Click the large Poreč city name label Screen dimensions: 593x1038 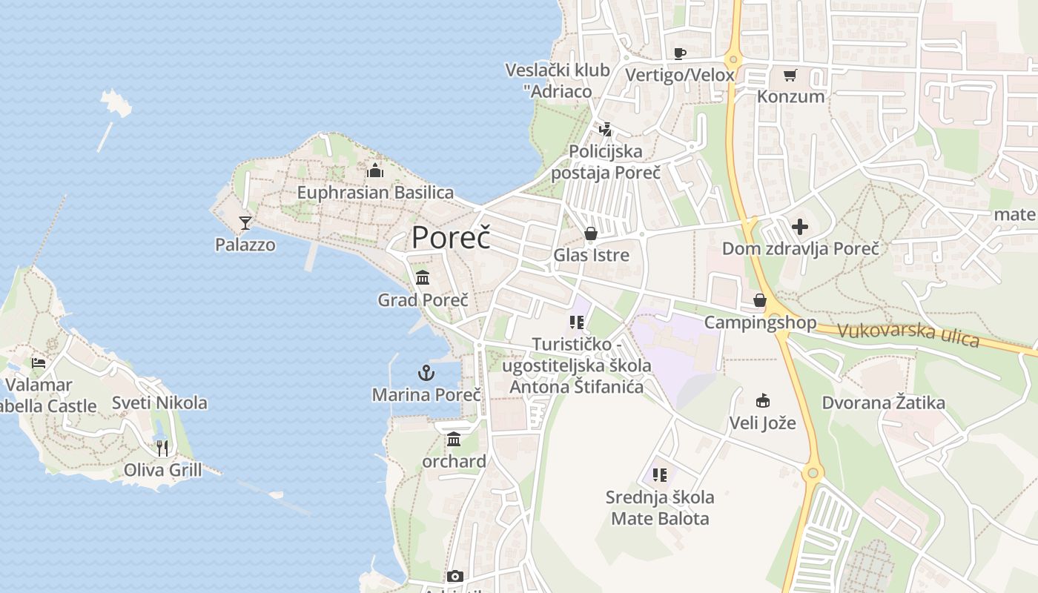coord(451,237)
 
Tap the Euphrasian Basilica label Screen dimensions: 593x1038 coord(375,193)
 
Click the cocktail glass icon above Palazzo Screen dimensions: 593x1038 coord(245,222)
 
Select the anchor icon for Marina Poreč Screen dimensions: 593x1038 coord(426,372)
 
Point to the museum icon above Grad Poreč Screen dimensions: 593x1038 coord(423,278)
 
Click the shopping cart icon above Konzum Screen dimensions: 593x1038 coord(790,75)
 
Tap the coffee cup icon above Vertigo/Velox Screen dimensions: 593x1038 coord(679,53)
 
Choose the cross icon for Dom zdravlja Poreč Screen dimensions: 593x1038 coord(800,227)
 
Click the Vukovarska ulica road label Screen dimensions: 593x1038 coord(908,334)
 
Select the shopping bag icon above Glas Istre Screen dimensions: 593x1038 coord(591,234)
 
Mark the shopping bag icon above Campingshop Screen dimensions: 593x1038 coord(760,300)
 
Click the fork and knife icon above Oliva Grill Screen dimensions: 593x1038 coord(162,448)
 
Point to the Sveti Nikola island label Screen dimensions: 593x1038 coord(159,403)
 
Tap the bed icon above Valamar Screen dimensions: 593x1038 coord(39,363)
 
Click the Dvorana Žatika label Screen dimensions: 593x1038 coord(883,403)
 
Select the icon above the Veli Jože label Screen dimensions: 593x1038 coord(762,401)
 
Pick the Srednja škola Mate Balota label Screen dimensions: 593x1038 coord(660,508)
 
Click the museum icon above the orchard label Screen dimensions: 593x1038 coord(454,440)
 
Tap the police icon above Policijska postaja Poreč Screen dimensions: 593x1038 coord(605,130)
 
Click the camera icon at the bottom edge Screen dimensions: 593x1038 coord(454,577)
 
